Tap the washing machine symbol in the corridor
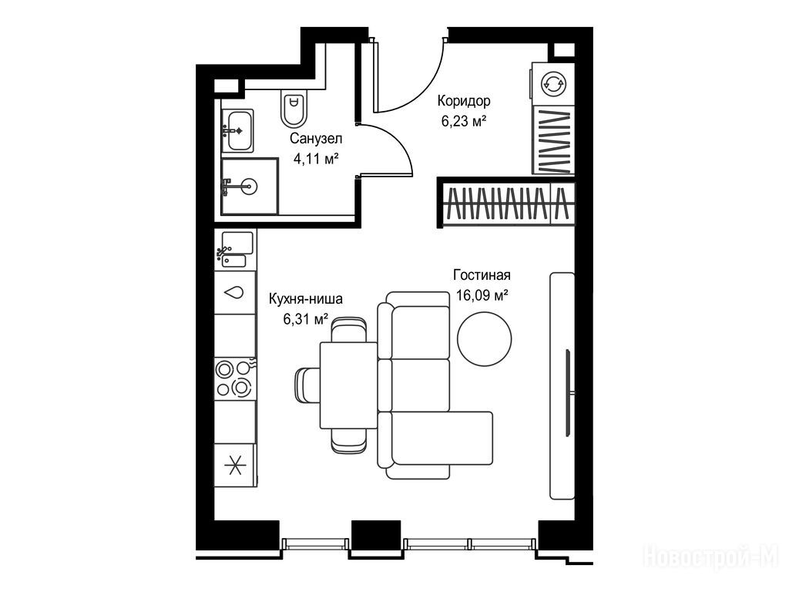553,83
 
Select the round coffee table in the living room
484,339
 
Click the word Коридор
463,101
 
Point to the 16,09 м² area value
482,295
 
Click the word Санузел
316,139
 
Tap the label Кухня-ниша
305,299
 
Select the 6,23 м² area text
463,121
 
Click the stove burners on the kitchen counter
234,378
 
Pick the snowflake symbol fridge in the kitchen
234,465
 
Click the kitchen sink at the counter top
235,250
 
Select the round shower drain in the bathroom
248,187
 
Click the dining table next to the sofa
348,385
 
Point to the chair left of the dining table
307,385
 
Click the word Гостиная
482,275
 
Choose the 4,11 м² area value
316,159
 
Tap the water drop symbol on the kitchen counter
234,292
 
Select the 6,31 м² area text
305,319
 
